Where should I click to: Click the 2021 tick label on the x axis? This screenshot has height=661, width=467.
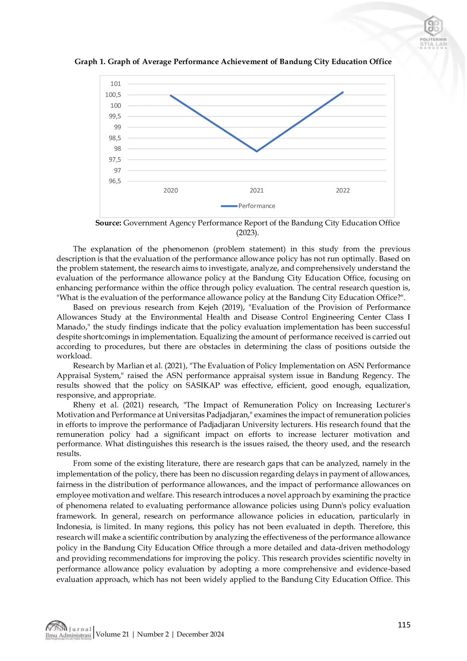pos(256,190)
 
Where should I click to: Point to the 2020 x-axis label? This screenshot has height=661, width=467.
pos(171,190)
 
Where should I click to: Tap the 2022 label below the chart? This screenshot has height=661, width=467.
pos(343,190)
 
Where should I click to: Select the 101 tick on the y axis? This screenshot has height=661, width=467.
pos(116,84)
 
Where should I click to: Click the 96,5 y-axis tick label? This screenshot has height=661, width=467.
pos(115,181)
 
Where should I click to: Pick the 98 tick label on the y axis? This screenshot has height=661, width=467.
pos(118,148)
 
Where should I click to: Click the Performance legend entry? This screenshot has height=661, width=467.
pos(256,206)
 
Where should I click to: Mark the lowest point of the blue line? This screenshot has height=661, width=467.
pos(257,151)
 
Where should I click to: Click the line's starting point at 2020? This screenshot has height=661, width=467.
pos(171,95)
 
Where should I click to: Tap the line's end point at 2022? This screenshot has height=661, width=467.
pos(343,92)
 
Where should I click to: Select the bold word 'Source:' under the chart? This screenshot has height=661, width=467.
pos(108,223)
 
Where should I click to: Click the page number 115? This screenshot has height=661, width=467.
pos(404,624)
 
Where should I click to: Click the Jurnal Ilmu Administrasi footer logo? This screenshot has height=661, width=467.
pos(68,630)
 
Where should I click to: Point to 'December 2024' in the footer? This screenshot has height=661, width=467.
pos(200,634)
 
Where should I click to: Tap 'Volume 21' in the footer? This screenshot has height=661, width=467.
pos(112,634)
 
